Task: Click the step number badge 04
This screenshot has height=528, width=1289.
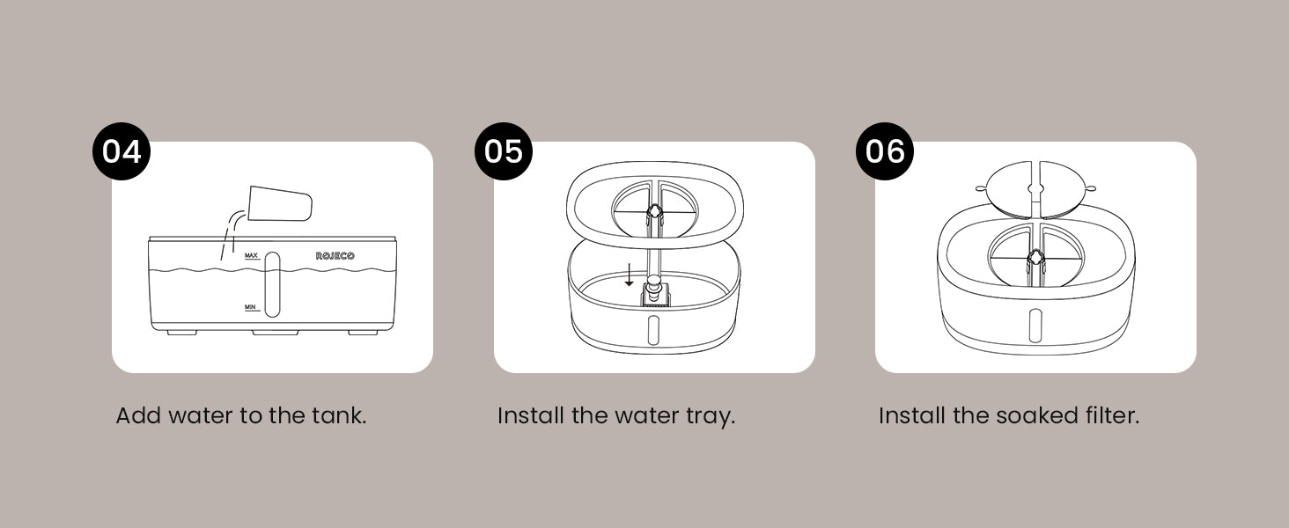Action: point(122,151)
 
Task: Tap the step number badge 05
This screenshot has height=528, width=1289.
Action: point(504,151)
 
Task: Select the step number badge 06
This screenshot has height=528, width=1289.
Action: point(885,151)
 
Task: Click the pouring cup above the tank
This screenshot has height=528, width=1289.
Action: point(280,203)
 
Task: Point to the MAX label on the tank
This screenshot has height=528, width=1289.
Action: point(251,255)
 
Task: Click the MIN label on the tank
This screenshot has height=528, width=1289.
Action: point(250,307)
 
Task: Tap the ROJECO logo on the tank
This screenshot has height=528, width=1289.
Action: point(335,256)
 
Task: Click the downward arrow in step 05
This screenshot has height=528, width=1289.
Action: point(629,275)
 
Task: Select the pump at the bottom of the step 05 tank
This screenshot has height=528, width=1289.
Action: point(654,291)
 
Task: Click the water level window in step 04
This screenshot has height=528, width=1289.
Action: point(272,285)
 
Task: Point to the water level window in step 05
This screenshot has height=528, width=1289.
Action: point(653,330)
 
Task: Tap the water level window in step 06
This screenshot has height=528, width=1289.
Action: point(1035,326)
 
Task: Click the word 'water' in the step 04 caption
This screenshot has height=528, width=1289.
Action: point(199,416)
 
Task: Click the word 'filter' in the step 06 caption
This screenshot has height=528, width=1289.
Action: point(1112,415)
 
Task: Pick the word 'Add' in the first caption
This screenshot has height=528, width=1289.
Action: point(138,415)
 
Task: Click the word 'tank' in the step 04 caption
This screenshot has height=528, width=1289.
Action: point(338,415)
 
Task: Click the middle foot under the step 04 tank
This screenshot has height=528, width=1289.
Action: point(276,333)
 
